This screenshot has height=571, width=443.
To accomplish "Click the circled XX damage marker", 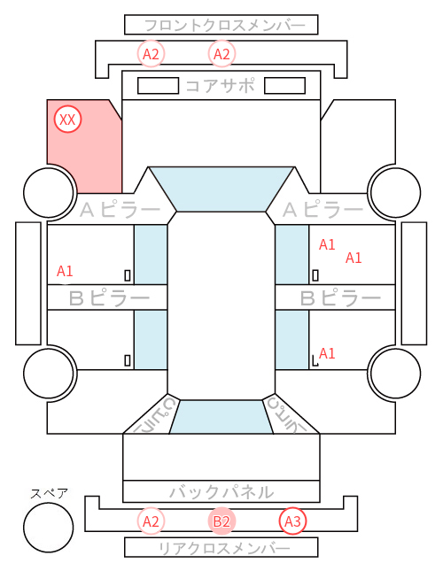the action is tap(67, 120).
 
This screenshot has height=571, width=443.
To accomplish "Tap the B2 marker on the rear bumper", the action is tap(221, 521).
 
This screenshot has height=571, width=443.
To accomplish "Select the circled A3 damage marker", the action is tap(292, 521).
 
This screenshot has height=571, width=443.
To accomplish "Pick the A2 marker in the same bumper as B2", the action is tap(151, 521).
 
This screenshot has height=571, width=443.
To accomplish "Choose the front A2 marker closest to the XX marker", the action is tap(151, 54).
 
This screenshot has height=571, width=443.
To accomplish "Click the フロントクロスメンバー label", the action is tap(225, 26).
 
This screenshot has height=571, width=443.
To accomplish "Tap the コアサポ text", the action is tap(220, 86).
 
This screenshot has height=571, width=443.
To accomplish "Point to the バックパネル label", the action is tap(221, 492).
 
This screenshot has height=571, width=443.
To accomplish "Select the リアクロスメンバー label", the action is tap(225, 548).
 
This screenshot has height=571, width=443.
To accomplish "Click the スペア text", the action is tap(50, 493).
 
